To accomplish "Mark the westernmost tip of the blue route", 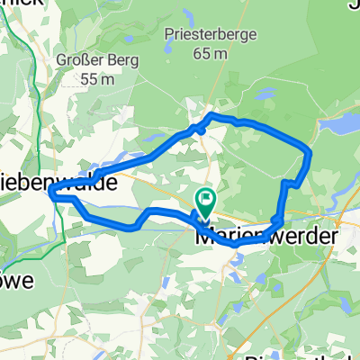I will click(49, 192).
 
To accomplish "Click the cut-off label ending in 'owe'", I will click(16, 280).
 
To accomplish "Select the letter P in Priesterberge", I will click(169, 34).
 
